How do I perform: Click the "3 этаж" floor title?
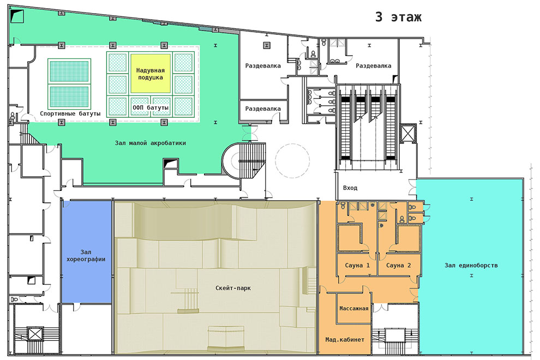(x=398, y=17)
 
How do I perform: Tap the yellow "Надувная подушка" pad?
(x=151, y=73)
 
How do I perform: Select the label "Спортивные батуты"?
(x=70, y=113)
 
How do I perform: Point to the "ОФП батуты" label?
(x=151, y=107)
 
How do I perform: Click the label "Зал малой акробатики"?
(x=151, y=142)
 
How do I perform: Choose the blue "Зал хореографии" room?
(x=86, y=252)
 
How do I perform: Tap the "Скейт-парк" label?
(x=233, y=288)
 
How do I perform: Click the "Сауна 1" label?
(x=357, y=265)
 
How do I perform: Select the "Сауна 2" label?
(x=399, y=265)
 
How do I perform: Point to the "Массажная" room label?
(x=353, y=308)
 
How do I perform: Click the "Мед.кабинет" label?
(x=345, y=340)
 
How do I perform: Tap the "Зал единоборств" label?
(x=471, y=265)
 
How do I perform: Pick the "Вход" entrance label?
(x=350, y=188)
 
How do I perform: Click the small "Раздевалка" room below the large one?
(x=263, y=110)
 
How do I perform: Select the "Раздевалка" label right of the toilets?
(x=373, y=65)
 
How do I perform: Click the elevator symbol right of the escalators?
(x=408, y=133)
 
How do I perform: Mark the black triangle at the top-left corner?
(x=17, y=15)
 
